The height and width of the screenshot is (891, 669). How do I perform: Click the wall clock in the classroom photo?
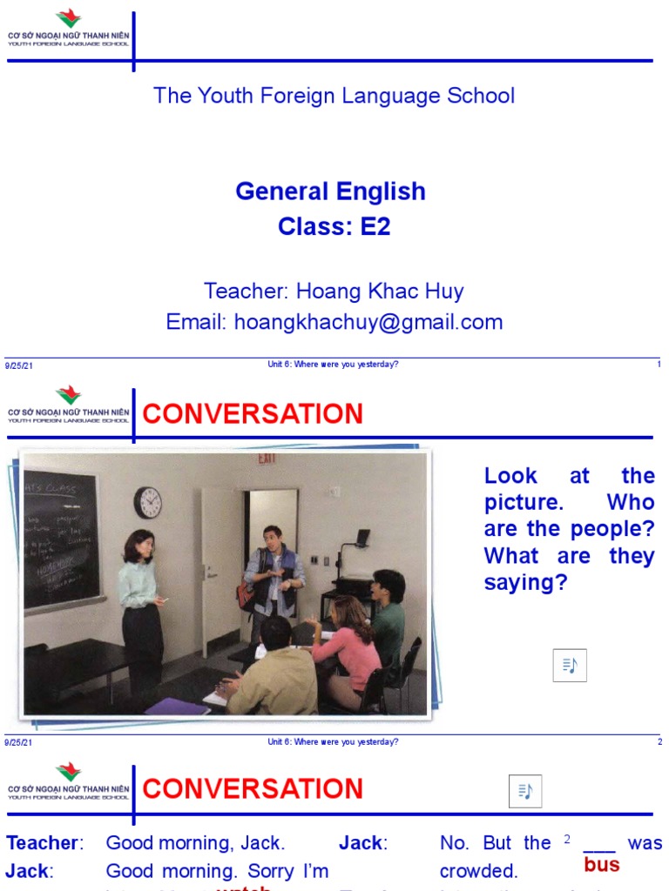(148, 503)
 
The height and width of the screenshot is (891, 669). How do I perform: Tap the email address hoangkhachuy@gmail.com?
(334, 322)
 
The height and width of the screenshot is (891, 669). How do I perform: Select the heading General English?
(330, 191)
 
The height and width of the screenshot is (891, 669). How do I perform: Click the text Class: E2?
(334, 226)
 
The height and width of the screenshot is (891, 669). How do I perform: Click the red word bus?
(601, 865)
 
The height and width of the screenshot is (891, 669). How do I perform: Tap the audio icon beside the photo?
(570, 666)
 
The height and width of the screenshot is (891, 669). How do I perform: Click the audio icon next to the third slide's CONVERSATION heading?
(524, 791)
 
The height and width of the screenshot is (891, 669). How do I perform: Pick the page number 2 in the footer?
(659, 742)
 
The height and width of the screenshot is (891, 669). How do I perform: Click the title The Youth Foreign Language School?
(334, 96)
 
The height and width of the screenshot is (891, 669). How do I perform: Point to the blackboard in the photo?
(61, 539)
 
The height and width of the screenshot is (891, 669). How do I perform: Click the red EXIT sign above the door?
(267, 459)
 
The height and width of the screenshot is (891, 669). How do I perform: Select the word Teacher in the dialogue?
(42, 843)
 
